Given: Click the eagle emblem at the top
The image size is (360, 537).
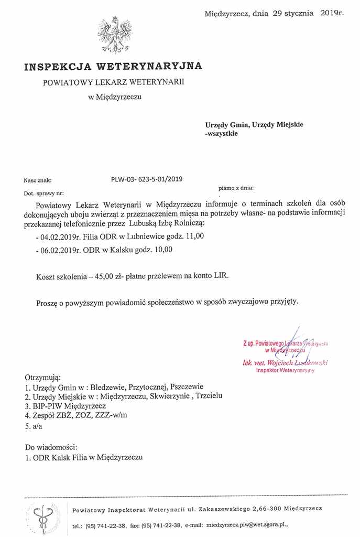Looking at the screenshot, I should pos(114,35).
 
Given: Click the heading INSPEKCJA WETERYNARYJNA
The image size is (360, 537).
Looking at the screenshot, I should pos(113,66).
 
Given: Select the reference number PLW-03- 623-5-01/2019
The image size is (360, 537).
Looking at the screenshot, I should pos(147,179).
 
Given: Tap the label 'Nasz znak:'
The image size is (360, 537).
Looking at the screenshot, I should pos(38,180).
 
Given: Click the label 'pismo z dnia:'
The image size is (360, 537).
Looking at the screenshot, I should pos(236,187).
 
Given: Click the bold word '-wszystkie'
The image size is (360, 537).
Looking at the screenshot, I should pos(221,134).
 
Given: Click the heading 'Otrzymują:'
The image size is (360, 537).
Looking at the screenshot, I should pos(43,377).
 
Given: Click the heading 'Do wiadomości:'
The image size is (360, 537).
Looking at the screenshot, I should pos(51,447).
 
